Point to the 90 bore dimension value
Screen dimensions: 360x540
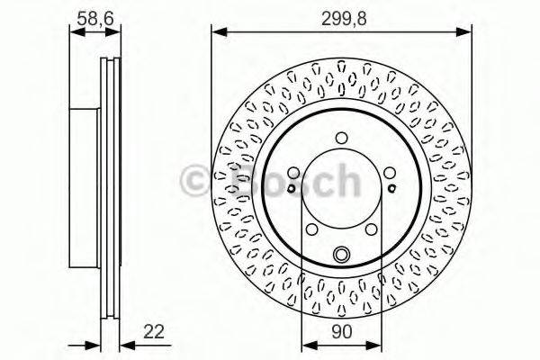point(341,332)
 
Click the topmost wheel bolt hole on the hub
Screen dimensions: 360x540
point(341,138)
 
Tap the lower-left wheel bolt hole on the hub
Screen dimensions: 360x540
point(311,230)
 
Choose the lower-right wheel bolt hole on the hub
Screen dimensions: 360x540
point(371,230)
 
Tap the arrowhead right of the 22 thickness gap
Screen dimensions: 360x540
point(123,344)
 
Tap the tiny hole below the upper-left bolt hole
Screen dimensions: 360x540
point(292,190)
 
